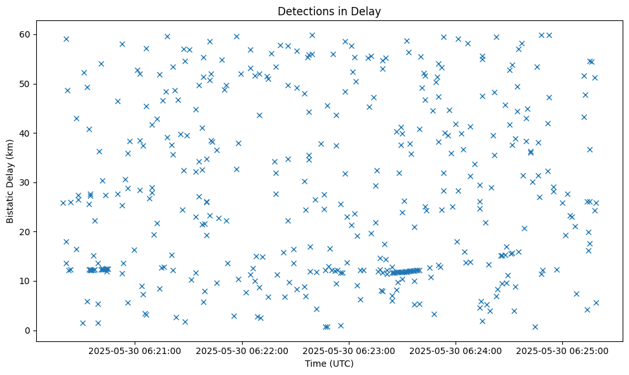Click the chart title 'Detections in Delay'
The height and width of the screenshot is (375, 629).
329,11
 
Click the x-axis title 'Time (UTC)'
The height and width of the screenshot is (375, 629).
329,364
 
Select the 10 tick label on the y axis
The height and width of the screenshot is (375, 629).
26,281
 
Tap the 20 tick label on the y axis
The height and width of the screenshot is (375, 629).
26,232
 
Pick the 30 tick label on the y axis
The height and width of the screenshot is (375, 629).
26,182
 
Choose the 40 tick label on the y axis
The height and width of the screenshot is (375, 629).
26,133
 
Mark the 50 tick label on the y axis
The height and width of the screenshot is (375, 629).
26,84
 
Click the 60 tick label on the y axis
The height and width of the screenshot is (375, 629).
26,34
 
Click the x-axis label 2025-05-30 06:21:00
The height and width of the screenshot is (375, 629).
135,350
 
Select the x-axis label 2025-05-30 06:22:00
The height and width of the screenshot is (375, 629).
242,350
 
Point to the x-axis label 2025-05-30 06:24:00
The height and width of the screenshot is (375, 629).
456,350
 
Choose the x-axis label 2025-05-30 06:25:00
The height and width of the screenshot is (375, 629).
563,350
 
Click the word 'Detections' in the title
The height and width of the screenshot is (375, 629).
304,11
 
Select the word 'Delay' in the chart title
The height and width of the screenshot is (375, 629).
368,11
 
